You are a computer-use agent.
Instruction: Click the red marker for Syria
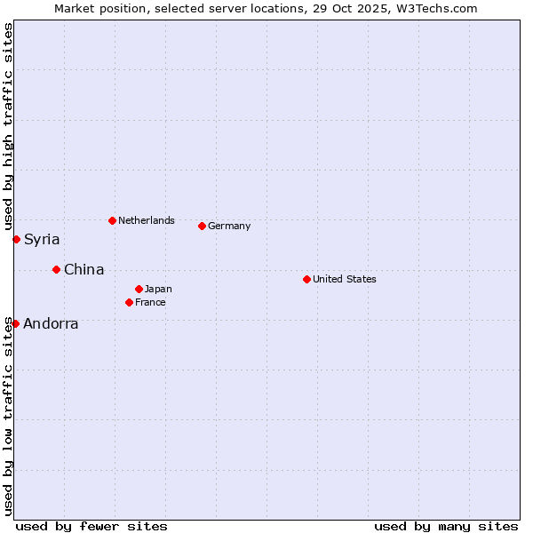[16, 239]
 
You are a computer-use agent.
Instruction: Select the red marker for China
[56, 269]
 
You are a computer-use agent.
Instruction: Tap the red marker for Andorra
[15, 323]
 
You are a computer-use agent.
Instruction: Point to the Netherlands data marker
[112, 220]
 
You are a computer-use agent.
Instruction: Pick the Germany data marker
[202, 226]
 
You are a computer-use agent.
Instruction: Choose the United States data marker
[306, 279]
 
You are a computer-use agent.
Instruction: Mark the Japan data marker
[139, 289]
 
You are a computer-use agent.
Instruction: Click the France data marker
[129, 302]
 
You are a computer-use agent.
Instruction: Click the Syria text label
[42, 240]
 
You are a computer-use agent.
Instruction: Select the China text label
[84, 270]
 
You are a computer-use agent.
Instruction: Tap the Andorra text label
[51, 324]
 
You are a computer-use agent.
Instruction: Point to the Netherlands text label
[146, 220]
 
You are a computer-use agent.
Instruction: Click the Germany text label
[229, 226]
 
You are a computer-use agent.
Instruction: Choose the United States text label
[344, 279]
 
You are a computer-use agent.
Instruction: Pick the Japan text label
[158, 289]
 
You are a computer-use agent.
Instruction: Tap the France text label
[150, 302]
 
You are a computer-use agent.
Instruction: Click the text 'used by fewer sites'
[91, 526]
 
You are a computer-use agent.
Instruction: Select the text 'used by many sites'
[446, 526]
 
